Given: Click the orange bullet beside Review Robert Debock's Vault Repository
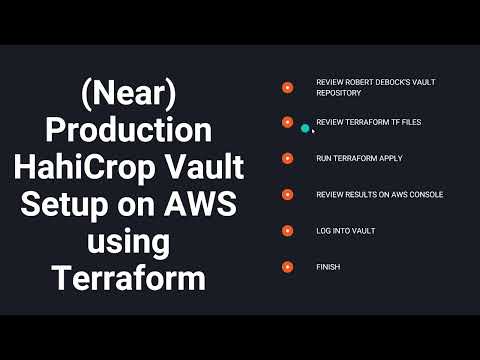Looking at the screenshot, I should pos(287,86).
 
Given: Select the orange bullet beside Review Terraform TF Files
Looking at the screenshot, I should pos(287,122).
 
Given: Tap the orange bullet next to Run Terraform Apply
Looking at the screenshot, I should pos(287,158).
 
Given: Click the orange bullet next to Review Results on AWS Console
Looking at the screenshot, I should pos(287,194).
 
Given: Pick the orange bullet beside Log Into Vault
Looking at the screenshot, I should pos(287,230).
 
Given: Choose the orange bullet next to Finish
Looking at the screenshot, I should pos(287,266).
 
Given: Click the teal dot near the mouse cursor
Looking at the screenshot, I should pos(305,128).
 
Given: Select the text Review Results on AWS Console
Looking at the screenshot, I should pos(379,194).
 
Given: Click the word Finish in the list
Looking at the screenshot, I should pos(327,266).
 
